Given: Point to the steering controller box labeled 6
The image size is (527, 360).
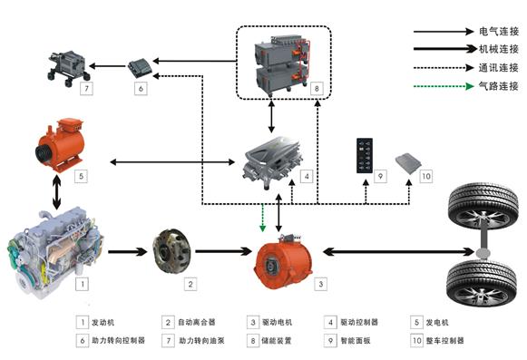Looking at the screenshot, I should tap(141, 66).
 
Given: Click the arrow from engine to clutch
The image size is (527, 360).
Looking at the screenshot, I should tap(122, 251).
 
